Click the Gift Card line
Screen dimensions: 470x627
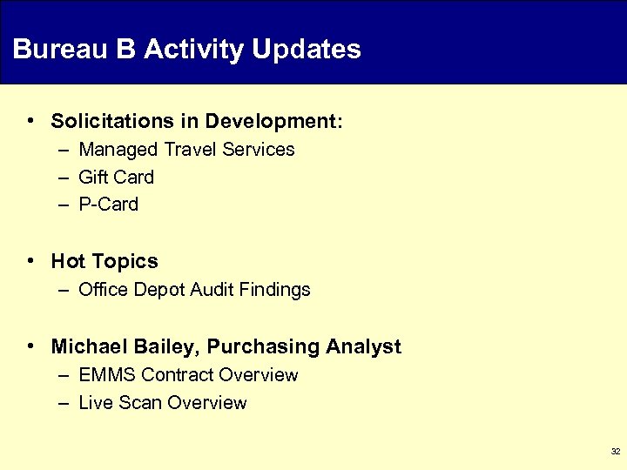[116, 178]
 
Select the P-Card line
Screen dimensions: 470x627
[108, 205]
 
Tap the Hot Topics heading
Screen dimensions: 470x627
[104, 262]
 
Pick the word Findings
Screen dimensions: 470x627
[275, 290]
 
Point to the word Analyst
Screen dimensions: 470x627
[363, 347]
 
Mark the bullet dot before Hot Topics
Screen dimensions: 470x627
[31, 260]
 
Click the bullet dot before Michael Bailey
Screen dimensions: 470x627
[31, 346]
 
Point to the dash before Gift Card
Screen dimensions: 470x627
[66, 178]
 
